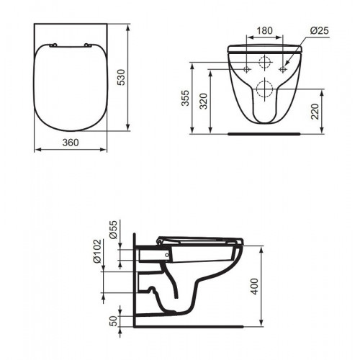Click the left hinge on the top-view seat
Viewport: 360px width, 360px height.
(x=55, y=46)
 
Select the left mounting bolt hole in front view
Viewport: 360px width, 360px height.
(x=246, y=70)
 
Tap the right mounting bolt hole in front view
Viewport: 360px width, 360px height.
(x=283, y=70)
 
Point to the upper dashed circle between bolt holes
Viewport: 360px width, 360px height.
(x=264, y=62)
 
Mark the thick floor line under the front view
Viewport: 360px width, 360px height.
(x=264, y=134)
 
